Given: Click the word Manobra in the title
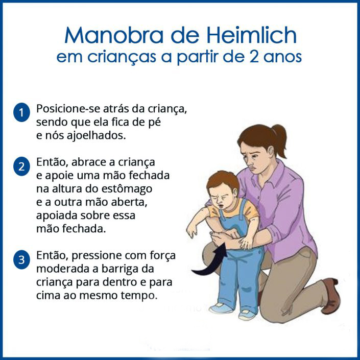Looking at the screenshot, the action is coord(114,35).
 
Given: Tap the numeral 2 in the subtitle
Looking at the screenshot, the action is coord(254,57).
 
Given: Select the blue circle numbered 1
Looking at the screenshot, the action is coord(21,112).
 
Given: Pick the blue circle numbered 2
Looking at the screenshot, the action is coord(21,166).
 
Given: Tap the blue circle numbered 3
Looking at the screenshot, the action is coord(21,260).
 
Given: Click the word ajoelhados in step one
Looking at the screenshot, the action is coord(96,135).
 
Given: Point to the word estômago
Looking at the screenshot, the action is coord(127,189).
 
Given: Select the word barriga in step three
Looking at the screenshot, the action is coord(121,269).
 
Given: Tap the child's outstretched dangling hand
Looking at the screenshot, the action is coord(192,230).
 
